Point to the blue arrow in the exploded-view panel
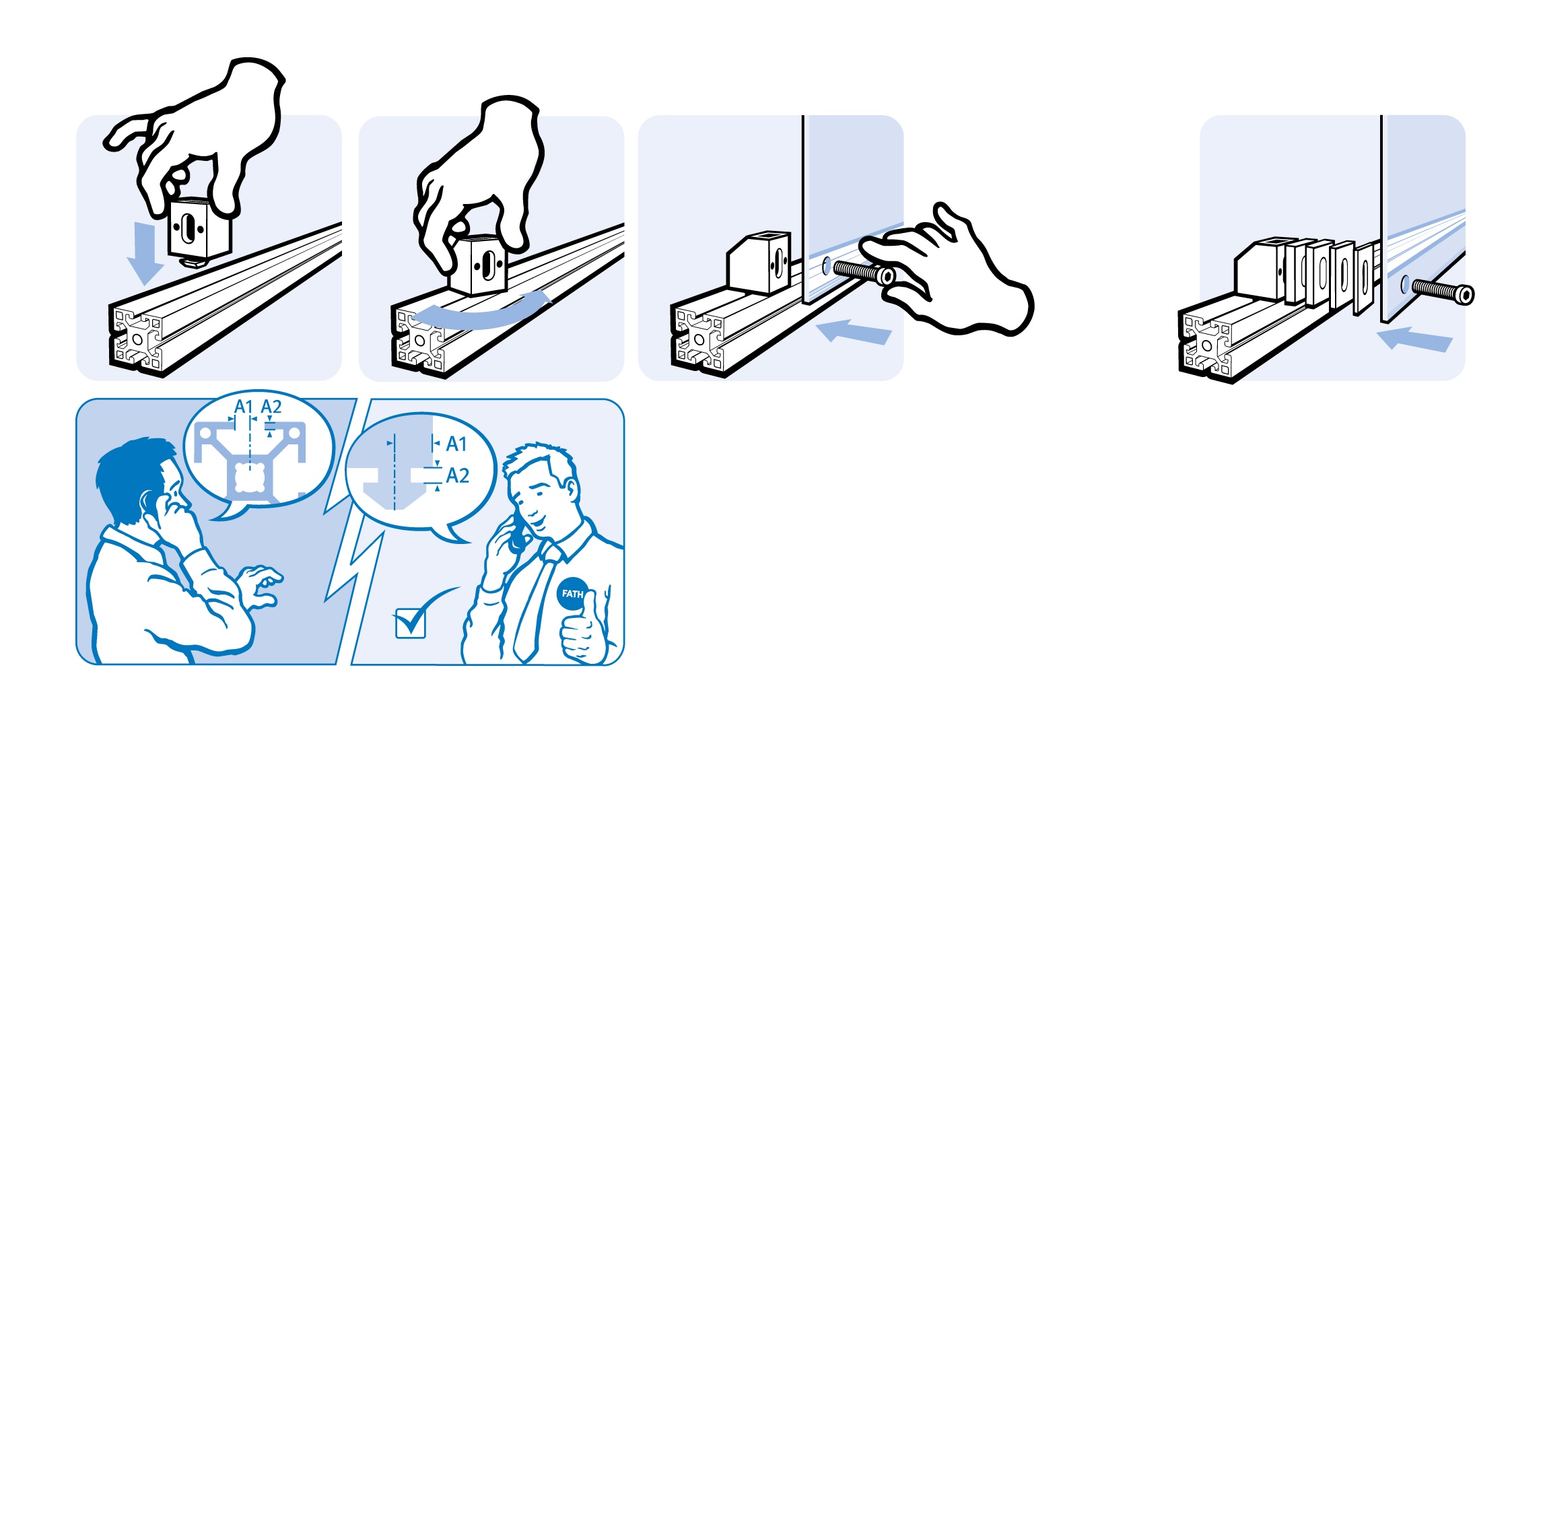[1414, 339]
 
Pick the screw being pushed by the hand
[862, 272]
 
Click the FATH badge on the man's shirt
[572, 593]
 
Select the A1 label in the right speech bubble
[456, 444]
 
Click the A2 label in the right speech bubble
[458, 476]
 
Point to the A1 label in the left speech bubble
[244, 407]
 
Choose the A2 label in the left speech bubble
[271, 407]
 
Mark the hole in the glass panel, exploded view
[1405, 283]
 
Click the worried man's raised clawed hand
[261, 586]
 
